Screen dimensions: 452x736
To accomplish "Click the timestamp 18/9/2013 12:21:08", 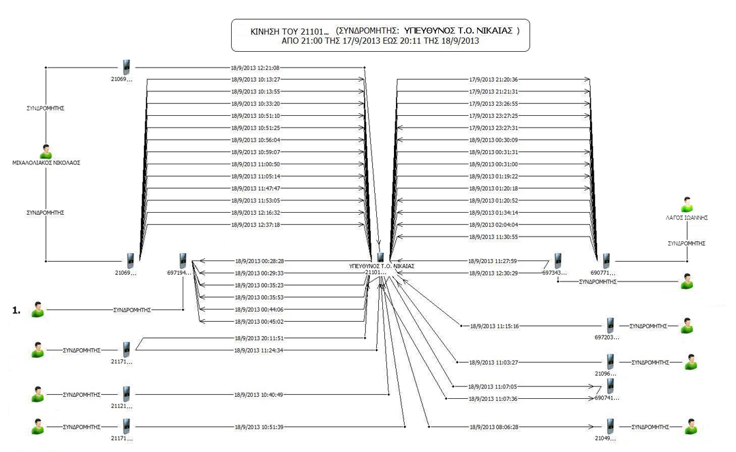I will click(256, 67).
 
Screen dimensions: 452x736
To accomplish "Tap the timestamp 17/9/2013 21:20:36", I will click(494, 80).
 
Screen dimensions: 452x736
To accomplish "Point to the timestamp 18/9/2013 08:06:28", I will click(494, 427).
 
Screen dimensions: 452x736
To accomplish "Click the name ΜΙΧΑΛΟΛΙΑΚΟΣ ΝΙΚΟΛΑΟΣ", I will click(46, 163).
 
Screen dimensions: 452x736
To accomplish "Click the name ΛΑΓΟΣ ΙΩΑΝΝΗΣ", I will click(686, 218).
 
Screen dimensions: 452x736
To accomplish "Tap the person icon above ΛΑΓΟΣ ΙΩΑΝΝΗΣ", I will click(687, 205).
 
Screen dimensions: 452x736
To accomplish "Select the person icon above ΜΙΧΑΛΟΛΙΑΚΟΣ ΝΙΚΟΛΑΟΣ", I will click(46, 151).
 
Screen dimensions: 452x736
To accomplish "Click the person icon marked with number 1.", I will click(37, 310).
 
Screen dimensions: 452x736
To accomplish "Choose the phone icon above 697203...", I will click(610, 326).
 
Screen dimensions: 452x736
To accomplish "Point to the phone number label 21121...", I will click(121, 406).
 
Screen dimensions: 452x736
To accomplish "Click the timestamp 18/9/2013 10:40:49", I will click(258, 395).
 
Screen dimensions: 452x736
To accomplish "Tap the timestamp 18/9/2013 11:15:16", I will click(494, 327).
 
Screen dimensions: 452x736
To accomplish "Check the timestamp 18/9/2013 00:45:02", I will click(258, 321).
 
